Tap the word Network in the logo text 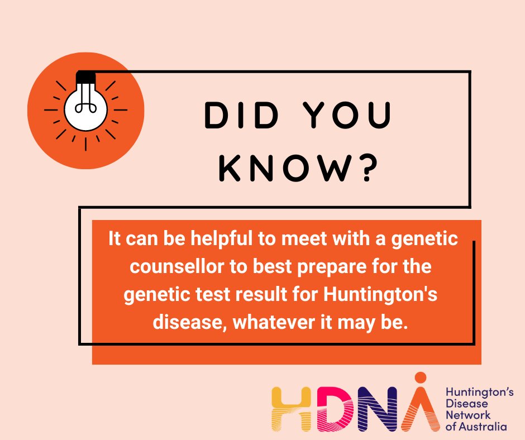point(468,415)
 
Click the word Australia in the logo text point(485,427)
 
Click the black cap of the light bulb point(85,75)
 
